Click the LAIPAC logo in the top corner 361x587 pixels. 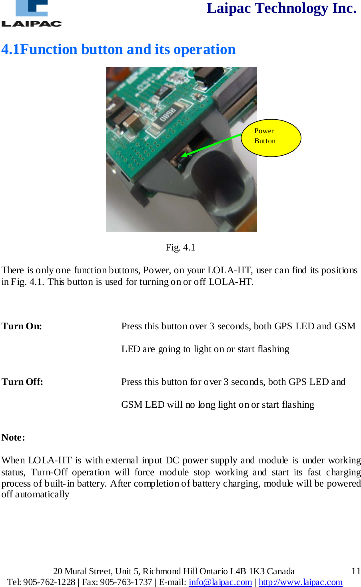31,14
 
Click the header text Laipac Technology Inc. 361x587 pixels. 281,8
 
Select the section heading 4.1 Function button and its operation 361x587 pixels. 118,49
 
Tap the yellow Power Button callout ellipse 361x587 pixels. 271,137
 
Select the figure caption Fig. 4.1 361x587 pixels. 180,247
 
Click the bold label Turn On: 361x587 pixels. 22,326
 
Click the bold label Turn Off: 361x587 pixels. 22,382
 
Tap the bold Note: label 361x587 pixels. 13,437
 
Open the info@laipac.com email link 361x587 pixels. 220,582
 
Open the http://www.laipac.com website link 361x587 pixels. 300,582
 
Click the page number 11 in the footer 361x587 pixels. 355,571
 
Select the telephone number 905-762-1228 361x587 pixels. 49,582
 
